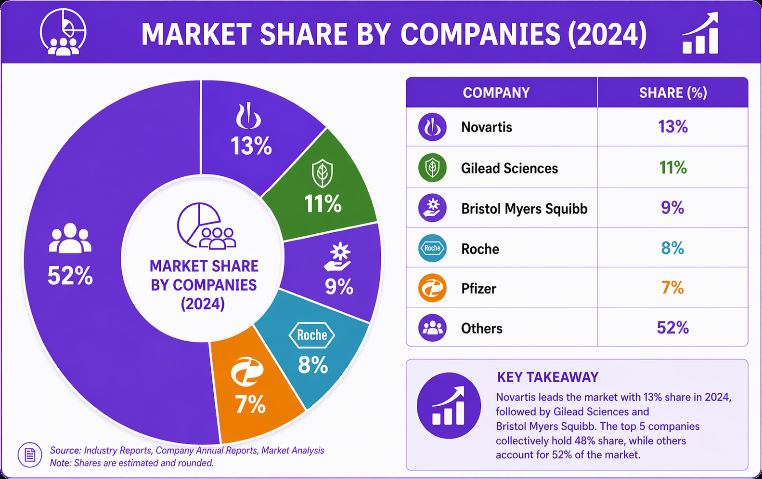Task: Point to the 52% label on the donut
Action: click(70, 276)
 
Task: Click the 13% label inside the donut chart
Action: click(251, 146)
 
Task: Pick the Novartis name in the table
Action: click(487, 127)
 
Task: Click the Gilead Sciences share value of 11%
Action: click(673, 168)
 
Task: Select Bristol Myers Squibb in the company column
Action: click(524, 209)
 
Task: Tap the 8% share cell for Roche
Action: click(672, 248)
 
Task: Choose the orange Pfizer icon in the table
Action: click(432, 288)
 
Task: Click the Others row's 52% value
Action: click(673, 328)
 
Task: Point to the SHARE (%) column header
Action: click(673, 93)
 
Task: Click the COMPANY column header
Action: click(496, 93)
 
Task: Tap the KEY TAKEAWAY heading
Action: click(548, 377)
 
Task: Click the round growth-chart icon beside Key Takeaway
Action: click(449, 405)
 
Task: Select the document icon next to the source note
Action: click(30, 455)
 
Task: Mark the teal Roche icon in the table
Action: click(432, 248)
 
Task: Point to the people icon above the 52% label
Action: click(70, 238)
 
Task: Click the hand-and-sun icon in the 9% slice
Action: click(337, 257)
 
